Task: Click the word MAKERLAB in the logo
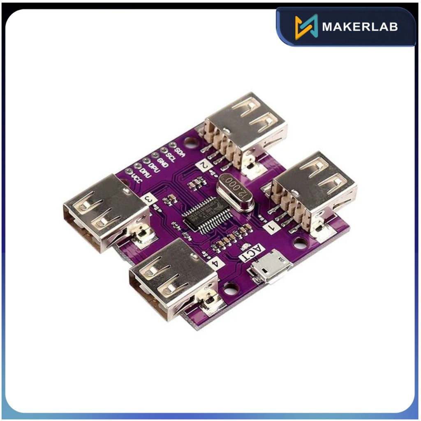(360, 27)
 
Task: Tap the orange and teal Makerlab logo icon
(306, 27)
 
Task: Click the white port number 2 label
(204, 165)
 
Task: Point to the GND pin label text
(162, 162)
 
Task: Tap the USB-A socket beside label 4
(173, 278)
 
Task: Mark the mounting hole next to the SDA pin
(190, 143)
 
